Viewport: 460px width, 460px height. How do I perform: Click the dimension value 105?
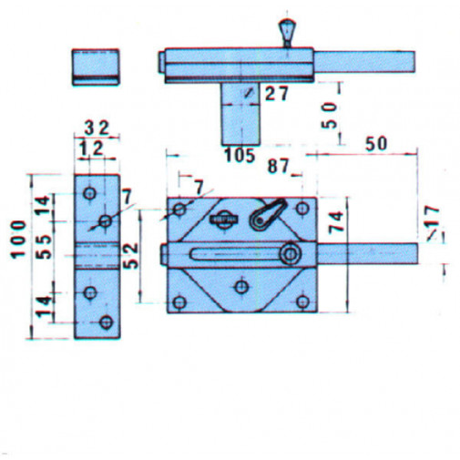pyautogui.click(x=240, y=156)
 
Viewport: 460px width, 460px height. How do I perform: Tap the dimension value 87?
pyautogui.click(x=278, y=167)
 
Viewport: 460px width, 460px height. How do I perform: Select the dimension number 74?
pyautogui.click(x=336, y=223)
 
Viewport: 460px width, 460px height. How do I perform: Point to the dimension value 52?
pyautogui.click(x=130, y=256)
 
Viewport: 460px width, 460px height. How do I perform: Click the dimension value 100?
pyautogui.click(x=18, y=240)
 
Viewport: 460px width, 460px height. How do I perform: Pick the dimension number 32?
pyautogui.click(x=97, y=128)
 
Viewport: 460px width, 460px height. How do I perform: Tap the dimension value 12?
pyautogui.click(x=91, y=149)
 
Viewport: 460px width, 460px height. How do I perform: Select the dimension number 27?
pyautogui.click(x=276, y=94)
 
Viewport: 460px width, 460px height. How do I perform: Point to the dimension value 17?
pyautogui.click(x=432, y=215)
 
